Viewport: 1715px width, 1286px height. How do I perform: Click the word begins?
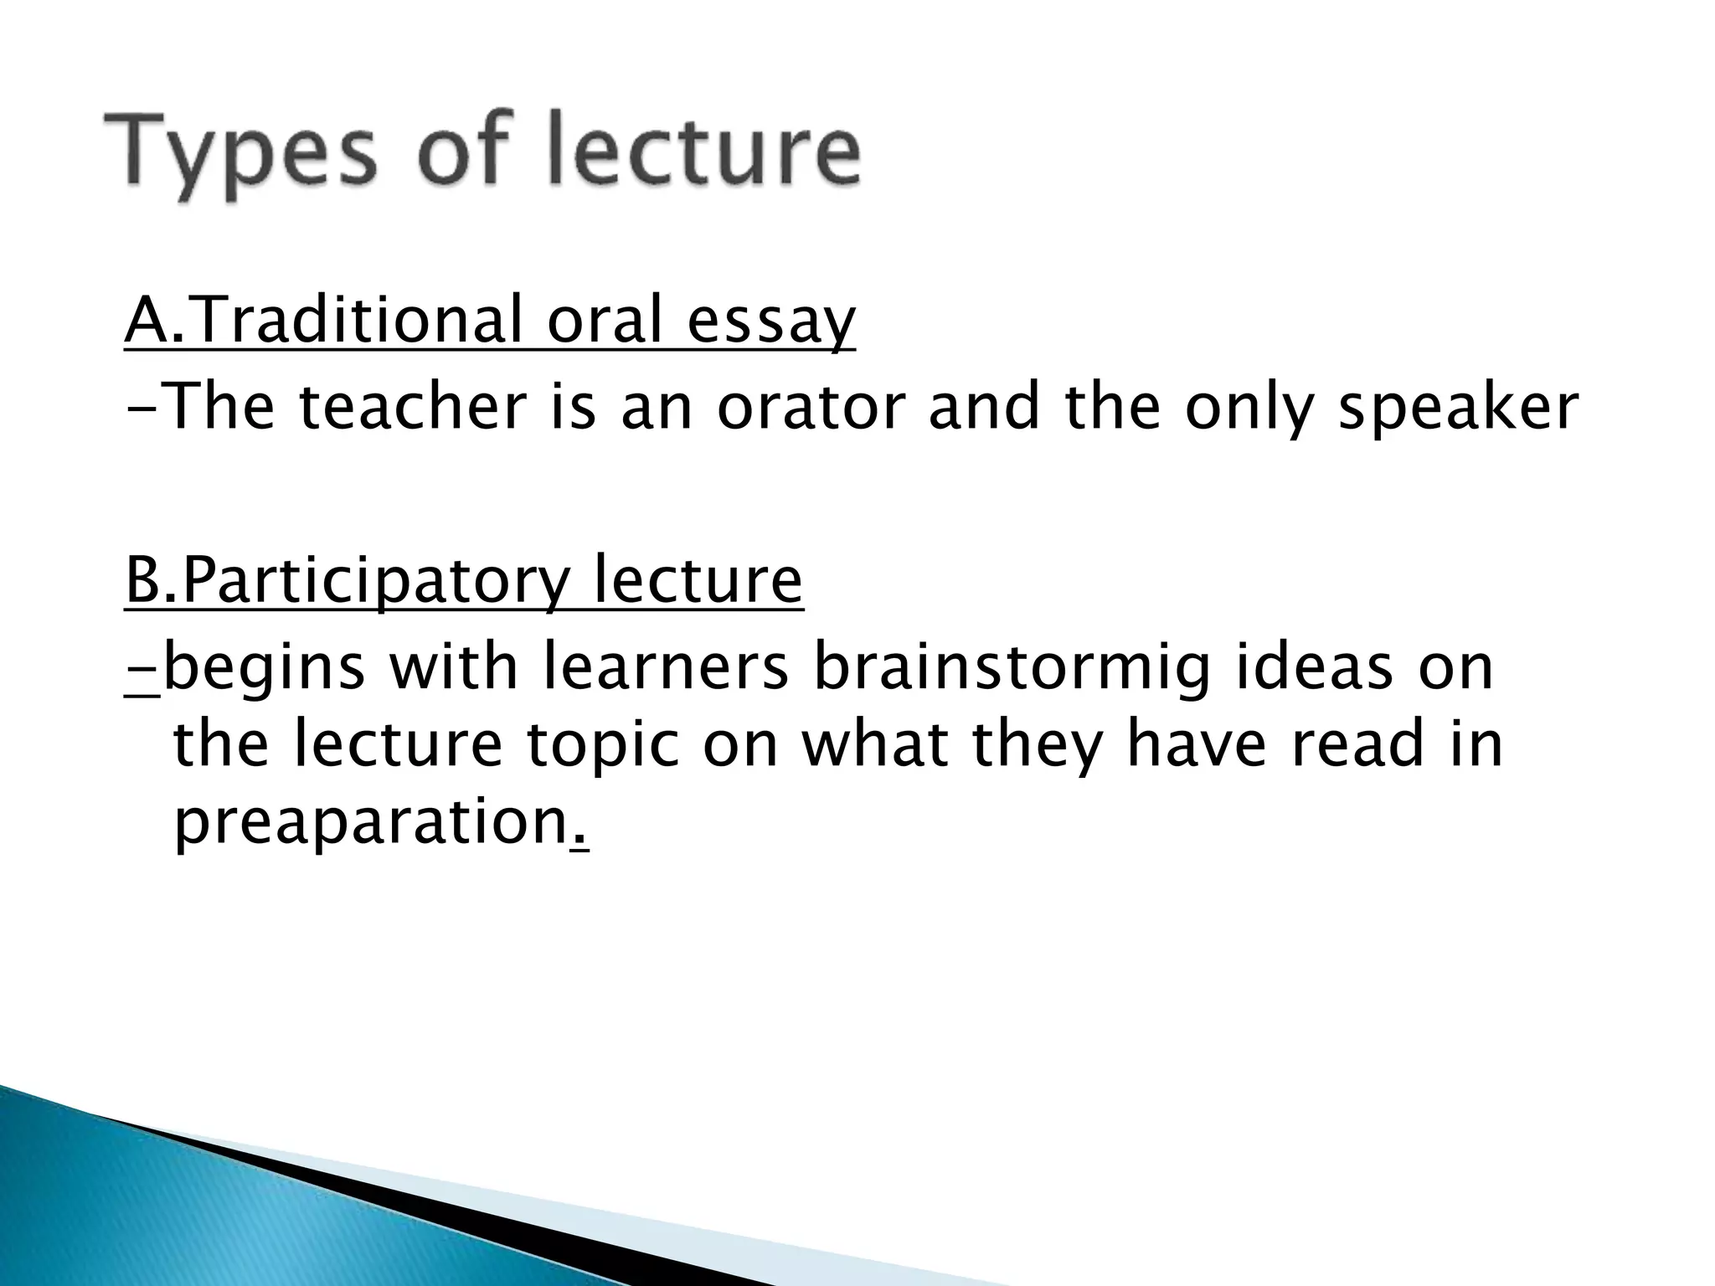265,671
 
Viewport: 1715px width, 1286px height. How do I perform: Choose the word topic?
604,748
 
